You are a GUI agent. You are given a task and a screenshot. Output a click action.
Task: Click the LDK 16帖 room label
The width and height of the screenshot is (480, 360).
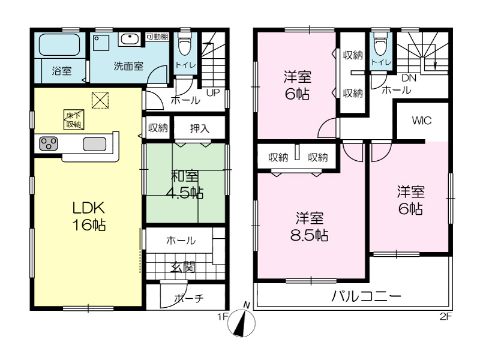pyautogui.click(x=89, y=216)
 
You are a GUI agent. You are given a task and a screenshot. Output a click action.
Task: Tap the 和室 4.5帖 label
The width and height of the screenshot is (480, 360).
pyautogui.click(x=185, y=185)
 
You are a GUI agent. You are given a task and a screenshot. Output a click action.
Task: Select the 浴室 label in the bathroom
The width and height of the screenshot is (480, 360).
pyautogui.click(x=62, y=71)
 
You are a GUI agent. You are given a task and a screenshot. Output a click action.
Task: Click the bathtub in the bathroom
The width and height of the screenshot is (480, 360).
pyautogui.click(x=59, y=44)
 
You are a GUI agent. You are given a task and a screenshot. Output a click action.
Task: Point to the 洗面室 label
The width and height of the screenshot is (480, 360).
pyautogui.click(x=128, y=66)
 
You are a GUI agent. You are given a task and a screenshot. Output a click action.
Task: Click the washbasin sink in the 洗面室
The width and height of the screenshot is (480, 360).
pyautogui.click(x=130, y=39)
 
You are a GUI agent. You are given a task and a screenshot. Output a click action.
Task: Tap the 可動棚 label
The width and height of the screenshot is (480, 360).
pyautogui.click(x=157, y=37)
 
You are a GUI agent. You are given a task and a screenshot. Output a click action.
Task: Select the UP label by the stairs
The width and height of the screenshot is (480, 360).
pyautogui.click(x=213, y=92)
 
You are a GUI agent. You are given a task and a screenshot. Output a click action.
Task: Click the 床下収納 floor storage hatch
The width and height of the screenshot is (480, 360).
pyautogui.click(x=73, y=119)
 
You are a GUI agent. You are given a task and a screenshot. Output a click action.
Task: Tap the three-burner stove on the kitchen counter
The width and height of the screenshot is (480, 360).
pyautogui.click(x=49, y=144)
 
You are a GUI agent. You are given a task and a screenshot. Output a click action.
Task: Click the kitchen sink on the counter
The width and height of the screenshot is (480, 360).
pyautogui.click(x=95, y=144)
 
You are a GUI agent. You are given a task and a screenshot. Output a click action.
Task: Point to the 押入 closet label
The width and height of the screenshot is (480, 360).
pyautogui.click(x=200, y=128)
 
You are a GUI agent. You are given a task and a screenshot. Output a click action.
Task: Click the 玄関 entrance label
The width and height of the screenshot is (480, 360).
pyautogui.click(x=182, y=268)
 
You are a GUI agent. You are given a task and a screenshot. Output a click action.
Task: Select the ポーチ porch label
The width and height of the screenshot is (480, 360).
pyautogui.click(x=189, y=298)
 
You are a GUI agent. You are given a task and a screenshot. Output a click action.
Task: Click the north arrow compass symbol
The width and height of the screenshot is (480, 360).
pyautogui.click(x=242, y=322)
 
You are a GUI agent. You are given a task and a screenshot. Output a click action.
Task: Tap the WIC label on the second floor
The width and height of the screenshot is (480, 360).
pyautogui.click(x=422, y=121)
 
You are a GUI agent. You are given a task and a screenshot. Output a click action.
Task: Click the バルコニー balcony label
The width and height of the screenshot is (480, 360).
pyautogui.click(x=366, y=296)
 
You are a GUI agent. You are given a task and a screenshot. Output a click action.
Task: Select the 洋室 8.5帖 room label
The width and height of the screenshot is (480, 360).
pyautogui.click(x=310, y=227)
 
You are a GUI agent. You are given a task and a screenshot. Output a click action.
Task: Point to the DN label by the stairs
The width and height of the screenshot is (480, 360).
pyautogui.click(x=409, y=78)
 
